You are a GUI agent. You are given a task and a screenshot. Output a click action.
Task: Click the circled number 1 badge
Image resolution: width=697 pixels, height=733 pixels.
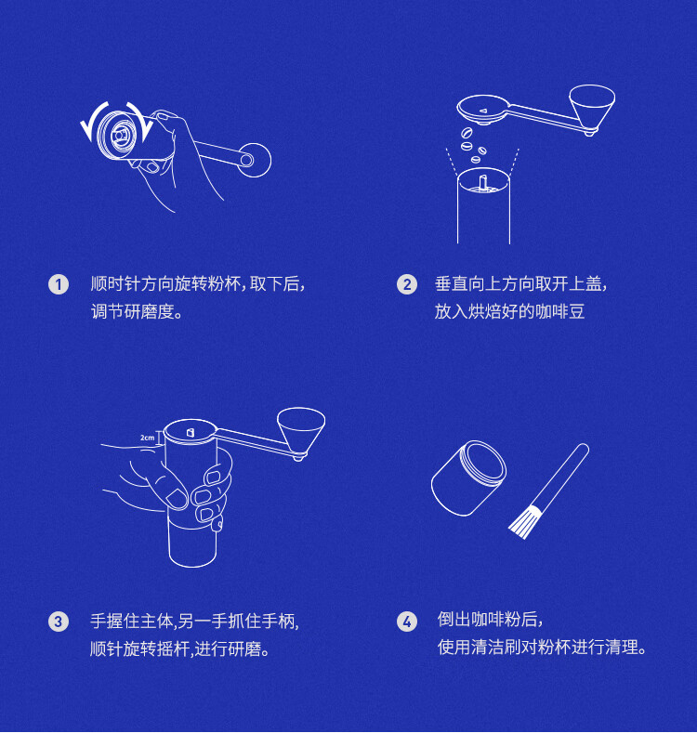(59, 284)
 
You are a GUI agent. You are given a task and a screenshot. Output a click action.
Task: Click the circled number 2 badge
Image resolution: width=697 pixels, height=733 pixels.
(407, 284)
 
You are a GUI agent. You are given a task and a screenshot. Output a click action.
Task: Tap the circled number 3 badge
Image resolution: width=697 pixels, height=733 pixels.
(59, 622)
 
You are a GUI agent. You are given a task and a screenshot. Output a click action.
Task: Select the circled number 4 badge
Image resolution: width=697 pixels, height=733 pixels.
(407, 622)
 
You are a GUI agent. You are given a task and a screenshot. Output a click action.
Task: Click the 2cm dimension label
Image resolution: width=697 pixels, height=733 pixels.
(147, 438)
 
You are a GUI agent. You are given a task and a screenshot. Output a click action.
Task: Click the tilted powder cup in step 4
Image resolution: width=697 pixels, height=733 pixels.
(468, 478)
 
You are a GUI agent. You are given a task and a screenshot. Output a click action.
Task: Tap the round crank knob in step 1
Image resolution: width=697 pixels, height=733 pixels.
(255, 160)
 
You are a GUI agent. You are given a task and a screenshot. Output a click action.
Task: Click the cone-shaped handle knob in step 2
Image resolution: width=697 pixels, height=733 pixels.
(592, 109)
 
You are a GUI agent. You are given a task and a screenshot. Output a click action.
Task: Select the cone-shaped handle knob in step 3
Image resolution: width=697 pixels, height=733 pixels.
(301, 432)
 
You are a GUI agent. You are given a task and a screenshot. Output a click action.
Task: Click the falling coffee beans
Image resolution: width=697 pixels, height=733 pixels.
(473, 144)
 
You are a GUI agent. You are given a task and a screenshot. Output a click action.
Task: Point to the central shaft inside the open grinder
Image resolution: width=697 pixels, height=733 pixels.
(483, 181)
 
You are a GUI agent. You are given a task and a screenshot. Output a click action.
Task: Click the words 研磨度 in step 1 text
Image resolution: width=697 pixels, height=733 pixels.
(149, 311)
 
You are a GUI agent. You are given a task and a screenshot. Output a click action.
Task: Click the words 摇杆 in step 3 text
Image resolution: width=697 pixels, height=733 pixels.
(173, 648)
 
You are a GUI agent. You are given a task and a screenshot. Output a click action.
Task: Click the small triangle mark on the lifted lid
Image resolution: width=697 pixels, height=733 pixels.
(483, 111)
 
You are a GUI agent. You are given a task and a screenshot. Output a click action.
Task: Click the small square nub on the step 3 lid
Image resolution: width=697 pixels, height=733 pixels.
(191, 433)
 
